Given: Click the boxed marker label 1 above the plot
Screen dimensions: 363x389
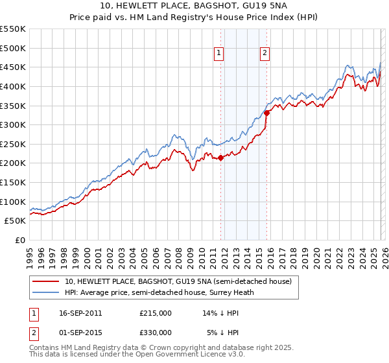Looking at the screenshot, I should point(219,54).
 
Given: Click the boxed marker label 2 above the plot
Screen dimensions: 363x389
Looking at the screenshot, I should point(266,54).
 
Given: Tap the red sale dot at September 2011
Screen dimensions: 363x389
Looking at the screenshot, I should point(220,157).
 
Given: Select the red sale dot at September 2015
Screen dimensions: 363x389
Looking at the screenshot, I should point(266,113).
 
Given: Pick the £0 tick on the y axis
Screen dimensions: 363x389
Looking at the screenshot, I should point(19,240).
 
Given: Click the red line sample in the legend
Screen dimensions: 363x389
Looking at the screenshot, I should point(47,281).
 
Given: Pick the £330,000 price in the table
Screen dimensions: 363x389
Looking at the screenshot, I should point(156,332).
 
